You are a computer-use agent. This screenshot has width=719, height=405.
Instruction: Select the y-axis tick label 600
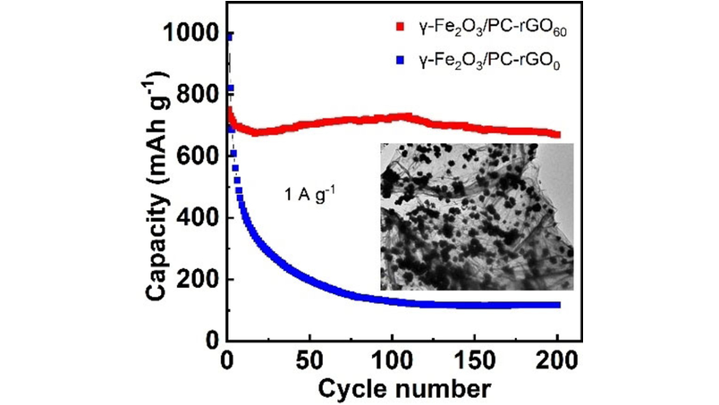coord(195,156)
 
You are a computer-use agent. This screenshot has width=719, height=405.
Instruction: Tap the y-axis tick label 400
coord(195,218)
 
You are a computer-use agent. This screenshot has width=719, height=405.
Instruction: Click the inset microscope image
coord(476,216)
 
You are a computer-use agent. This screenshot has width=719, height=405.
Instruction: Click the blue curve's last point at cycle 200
coord(558,305)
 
